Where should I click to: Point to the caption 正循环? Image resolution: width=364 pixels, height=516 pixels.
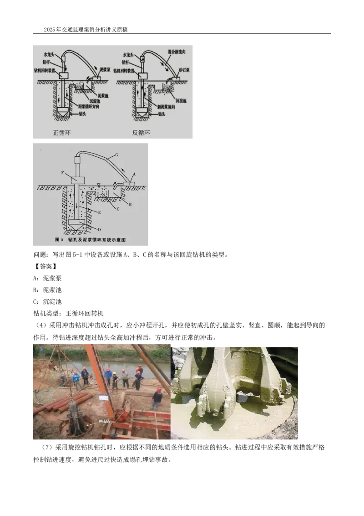coord(62,133)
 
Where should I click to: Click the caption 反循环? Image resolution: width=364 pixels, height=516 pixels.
coord(141,133)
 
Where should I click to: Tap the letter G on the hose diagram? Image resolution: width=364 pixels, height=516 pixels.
coord(116,155)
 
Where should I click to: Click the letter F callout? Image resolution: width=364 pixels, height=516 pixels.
coord(63,173)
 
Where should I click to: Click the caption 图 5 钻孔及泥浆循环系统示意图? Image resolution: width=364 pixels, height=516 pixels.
coord(89,239)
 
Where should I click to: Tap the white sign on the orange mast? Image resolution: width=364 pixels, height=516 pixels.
coord(104,397)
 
